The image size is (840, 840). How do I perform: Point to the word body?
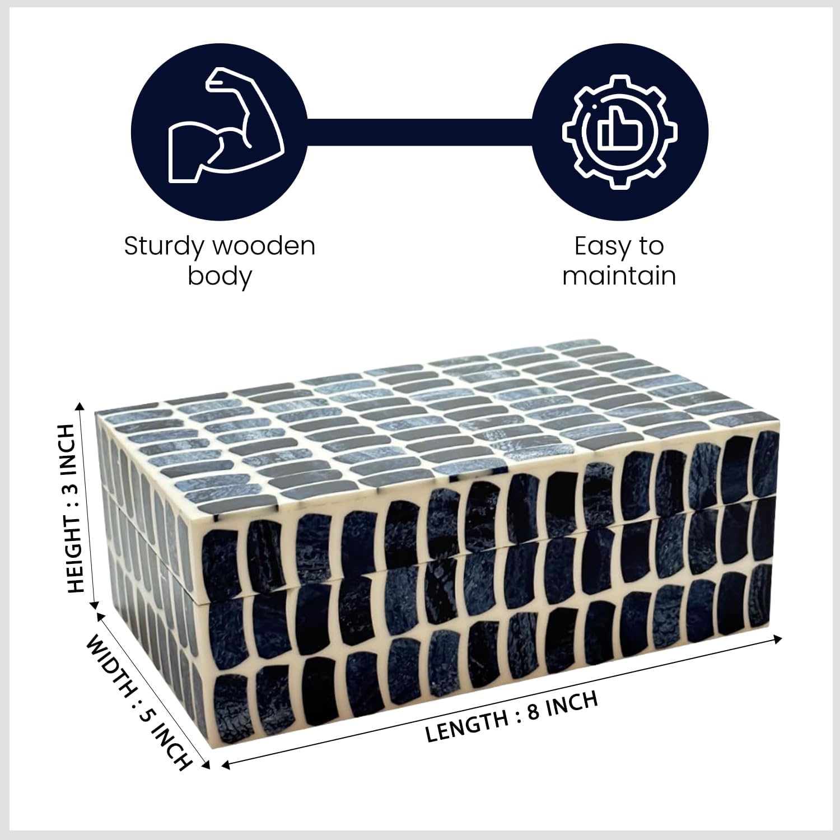219,277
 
